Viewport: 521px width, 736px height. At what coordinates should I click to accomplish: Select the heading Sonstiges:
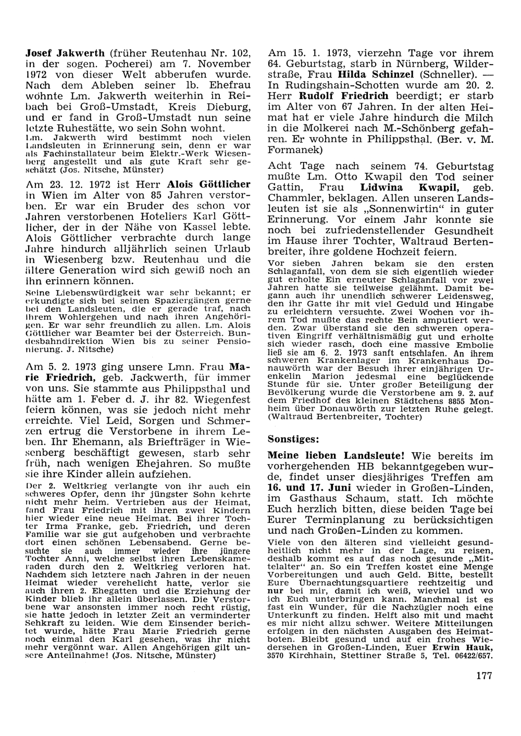coord(292,439)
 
